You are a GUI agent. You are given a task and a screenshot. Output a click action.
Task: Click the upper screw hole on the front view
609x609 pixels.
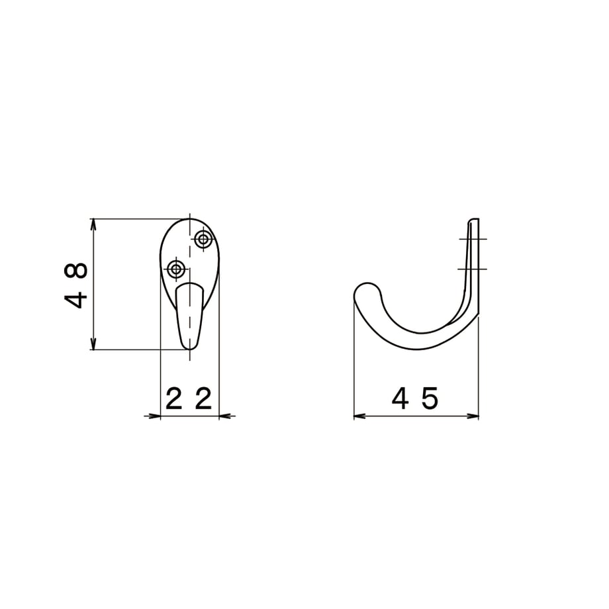[x=203, y=239]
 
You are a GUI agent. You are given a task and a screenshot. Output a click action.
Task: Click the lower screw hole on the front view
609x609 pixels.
[x=176, y=268]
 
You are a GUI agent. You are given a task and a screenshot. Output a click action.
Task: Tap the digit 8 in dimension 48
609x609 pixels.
[x=75, y=270]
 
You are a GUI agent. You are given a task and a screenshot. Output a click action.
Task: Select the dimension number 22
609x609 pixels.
[x=189, y=398]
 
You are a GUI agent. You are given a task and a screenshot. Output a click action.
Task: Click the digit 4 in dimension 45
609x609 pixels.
[x=400, y=398]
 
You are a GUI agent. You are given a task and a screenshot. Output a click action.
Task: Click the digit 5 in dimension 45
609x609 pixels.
[x=430, y=398]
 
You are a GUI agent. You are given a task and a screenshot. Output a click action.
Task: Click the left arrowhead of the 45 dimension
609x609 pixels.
[x=360, y=416]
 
